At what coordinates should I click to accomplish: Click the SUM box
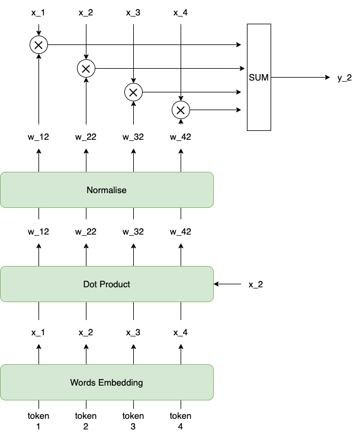[259, 77]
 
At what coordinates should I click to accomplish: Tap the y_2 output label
[345, 78]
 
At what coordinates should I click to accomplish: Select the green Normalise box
[107, 190]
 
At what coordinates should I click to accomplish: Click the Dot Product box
[107, 284]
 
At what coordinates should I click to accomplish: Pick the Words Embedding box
[107, 382]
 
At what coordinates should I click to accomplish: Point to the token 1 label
[38, 421]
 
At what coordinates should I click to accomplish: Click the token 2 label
[86, 421]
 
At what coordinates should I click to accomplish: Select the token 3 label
[133, 421]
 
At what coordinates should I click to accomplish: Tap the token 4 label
[181, 421]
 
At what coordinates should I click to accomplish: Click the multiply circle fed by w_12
[38, 44]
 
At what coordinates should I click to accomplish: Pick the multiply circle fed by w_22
[86, 69]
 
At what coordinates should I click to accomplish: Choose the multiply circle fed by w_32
[133, 92]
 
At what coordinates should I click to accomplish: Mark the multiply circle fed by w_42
[181, 110]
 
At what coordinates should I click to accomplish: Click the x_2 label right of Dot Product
[255, 285]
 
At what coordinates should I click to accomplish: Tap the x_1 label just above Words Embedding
[38, 332]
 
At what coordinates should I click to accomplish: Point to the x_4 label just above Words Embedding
[181, 332]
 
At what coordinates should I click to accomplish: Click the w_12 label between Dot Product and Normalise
[38, 232]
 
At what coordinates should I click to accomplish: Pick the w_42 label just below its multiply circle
[181, 137]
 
